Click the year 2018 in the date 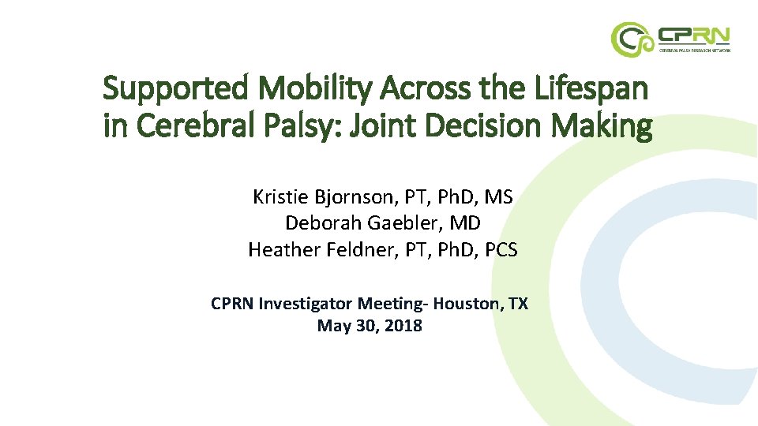click(404, 325)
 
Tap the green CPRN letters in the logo click(694, 35)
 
